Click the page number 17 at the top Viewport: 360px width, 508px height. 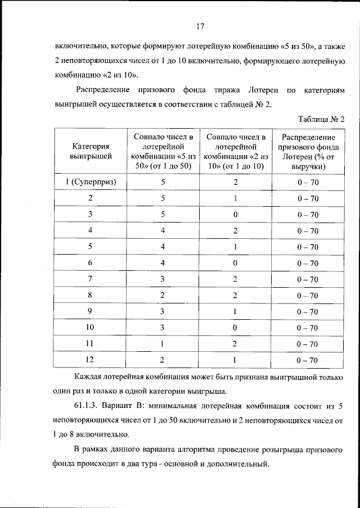200,25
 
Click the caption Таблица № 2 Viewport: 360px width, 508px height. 319,119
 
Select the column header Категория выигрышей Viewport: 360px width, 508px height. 90,152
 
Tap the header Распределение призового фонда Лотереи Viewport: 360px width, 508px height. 308,152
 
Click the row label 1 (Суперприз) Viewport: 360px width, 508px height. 90,182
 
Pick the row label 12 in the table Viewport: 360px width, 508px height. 90,360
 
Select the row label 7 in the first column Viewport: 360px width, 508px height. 90,279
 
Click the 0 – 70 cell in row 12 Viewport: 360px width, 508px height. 308,360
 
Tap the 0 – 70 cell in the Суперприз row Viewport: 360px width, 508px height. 308,183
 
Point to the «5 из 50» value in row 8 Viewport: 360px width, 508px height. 163,295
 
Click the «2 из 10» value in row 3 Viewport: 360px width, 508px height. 236,215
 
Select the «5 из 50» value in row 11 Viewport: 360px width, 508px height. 163,344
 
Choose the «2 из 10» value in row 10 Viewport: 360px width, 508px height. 236,328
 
